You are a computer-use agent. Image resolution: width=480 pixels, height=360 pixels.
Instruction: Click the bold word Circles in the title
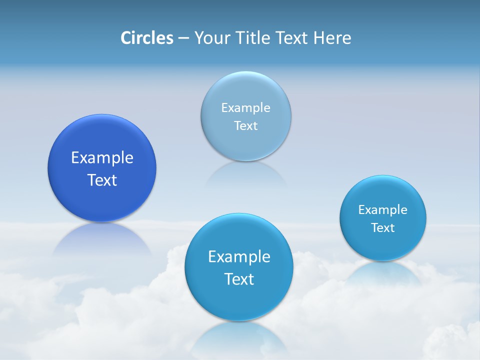146,38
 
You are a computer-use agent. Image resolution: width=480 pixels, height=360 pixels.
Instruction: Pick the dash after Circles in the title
183,38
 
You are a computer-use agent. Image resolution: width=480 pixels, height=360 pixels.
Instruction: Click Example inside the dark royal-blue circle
102,157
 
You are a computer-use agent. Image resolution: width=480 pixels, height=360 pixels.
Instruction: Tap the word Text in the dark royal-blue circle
102,180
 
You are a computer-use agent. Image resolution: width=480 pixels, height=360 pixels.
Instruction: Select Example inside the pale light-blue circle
245,107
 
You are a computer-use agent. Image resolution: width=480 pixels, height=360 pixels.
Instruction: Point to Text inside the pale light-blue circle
245,125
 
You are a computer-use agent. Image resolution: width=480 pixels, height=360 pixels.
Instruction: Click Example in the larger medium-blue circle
239,256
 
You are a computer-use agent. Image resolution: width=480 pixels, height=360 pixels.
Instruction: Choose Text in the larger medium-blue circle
239,279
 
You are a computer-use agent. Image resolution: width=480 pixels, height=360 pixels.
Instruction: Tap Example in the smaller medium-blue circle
382,209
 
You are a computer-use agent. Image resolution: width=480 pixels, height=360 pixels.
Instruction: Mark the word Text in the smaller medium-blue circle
382,227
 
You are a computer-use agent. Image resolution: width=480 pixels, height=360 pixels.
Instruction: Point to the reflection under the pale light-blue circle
245,174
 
